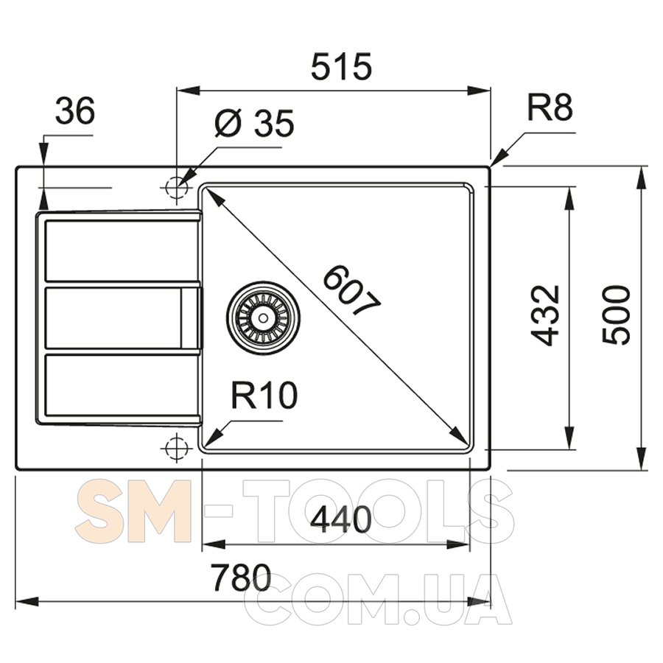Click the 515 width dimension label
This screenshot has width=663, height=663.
tap(341, 67)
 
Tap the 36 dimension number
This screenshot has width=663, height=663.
tap(75, 111)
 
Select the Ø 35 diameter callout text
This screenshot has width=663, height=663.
tap(254, 123)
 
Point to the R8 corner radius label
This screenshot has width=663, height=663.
tap(550, 108)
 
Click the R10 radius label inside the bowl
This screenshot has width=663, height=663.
tap(264, 396)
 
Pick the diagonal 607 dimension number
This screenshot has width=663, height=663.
tap(352, 290)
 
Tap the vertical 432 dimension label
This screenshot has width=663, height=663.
tap(545, 315)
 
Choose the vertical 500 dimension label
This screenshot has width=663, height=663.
tap(616, 315)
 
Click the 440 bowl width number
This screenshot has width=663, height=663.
tap(341, 519)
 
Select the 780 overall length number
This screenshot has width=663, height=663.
tap(242, 578)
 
